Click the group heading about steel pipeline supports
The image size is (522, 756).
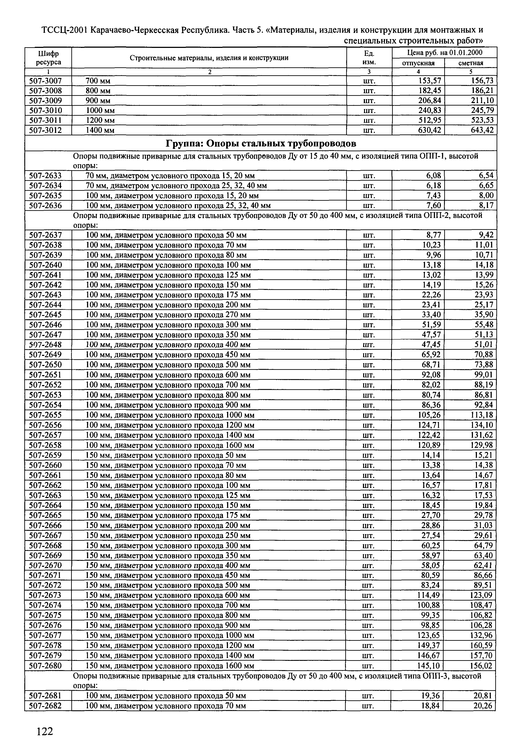[x=261, y=144]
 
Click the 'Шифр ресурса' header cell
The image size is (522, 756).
[x=48, y=58]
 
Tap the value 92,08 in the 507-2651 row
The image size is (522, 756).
[x=431, y=374]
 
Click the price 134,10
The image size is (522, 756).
[x=481, y=425]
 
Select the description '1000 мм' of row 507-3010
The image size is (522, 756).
[x=100, y=110]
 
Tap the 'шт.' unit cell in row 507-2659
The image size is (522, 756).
[x=369, y=455]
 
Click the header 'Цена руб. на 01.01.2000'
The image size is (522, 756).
[x=444, y=53]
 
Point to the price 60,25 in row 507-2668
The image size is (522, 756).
[x=431, y=546]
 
